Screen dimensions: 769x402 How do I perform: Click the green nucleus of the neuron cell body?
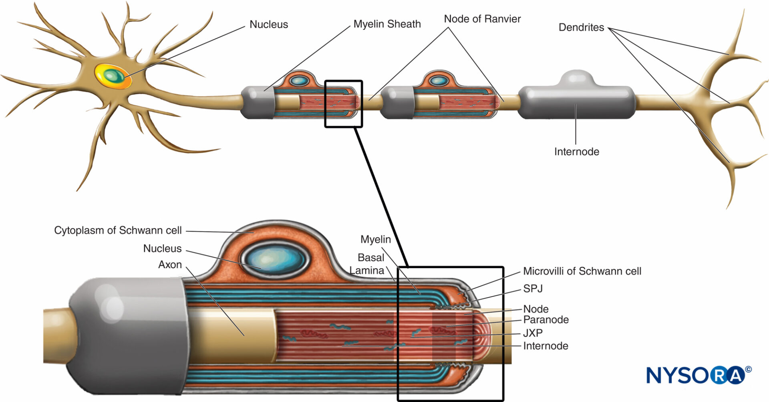[115, 75]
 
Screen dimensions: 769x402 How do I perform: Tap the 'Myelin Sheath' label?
[387, 24]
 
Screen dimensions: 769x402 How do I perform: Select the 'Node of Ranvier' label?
[482, 19]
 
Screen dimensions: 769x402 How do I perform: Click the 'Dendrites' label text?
[581, 27]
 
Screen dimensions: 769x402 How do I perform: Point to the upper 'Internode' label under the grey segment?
[577, 152]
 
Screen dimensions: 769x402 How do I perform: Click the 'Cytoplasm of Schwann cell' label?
[118, 230]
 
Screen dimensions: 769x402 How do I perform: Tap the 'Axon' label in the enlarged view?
[170, 265]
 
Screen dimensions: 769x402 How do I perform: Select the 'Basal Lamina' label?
[368, 264]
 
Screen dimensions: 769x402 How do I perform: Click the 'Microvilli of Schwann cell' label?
[582, 271]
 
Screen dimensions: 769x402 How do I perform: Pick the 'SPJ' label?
[533, 289]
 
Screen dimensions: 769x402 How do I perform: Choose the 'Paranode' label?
[546, 319]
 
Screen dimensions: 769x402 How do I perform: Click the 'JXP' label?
[533, 333]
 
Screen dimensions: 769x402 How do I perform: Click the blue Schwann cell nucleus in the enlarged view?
[275, 260]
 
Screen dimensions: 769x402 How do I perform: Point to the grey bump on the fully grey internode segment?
[577, 78]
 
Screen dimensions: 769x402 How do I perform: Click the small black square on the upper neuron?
[343, 104]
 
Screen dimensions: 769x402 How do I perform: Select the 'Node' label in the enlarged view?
[536, 309]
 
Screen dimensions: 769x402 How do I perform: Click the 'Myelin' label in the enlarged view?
[376, 239]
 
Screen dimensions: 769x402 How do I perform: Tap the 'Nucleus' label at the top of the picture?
[269, 24]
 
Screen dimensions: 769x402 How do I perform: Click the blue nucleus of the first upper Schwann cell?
[298, 81]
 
